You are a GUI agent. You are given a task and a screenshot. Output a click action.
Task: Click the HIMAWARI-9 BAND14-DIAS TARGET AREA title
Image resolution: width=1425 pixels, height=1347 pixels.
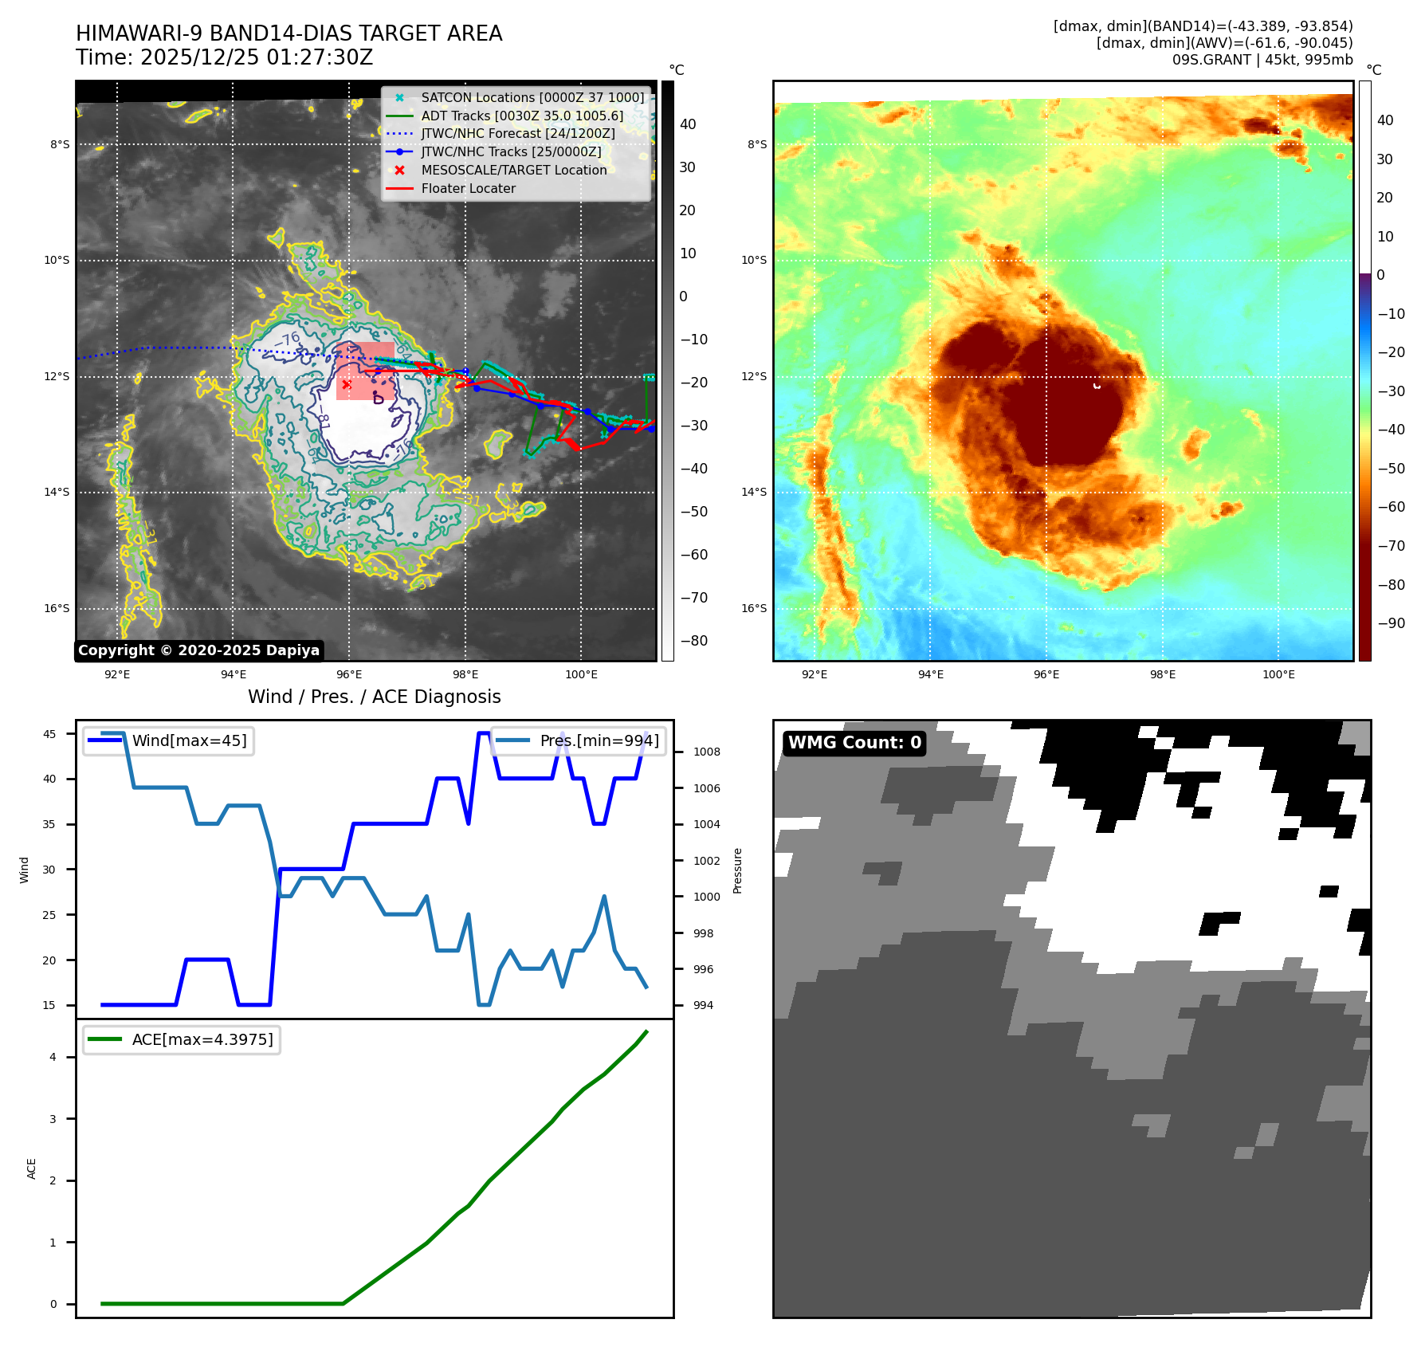tap(289, 33)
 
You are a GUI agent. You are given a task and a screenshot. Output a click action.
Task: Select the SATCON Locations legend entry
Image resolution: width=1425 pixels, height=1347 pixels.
tap(532, 97)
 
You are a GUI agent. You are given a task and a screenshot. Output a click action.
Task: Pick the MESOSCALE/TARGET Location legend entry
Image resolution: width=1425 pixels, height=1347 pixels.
tap(513, 170)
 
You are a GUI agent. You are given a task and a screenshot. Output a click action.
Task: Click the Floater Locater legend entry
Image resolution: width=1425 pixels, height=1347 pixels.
tap(468, 188)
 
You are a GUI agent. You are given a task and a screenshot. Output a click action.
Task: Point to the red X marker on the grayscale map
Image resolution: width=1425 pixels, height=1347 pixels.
tap(347, 384)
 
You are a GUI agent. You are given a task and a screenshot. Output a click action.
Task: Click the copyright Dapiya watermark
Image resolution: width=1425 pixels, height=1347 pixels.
tap(198, 650)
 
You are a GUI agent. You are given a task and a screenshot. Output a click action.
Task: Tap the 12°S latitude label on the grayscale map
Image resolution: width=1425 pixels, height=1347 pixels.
tap(57, 376)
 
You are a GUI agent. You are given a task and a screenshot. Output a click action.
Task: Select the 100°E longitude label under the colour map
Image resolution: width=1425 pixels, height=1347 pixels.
tap(1278, 674)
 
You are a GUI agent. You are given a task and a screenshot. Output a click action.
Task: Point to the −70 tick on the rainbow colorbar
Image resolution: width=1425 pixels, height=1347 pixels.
tap(1392, 546)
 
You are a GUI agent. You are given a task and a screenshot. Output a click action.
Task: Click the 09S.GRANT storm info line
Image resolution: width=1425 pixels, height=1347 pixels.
tap(1262, 60)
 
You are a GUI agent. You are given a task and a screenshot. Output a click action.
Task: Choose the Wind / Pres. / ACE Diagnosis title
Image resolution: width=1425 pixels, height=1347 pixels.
tap(374, 697)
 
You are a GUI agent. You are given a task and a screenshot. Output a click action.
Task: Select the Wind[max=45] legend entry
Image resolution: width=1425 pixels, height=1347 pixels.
tap(189, 740)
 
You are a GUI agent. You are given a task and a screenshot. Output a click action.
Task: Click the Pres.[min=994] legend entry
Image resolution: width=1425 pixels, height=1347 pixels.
tap(599, 740)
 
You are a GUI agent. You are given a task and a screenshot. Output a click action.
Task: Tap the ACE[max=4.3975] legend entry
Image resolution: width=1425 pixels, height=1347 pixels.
tap(202, 1039)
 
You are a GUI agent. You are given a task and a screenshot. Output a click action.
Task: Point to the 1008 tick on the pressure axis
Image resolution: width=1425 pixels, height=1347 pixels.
tap(706, 752)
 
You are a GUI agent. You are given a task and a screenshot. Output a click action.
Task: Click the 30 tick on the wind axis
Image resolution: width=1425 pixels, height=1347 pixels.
tap(49, 870)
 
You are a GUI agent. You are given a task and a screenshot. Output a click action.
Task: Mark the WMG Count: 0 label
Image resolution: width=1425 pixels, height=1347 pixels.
tap(854, 743)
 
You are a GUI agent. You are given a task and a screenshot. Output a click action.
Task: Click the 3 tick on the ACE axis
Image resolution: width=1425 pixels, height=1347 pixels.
tap(53, 1119)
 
